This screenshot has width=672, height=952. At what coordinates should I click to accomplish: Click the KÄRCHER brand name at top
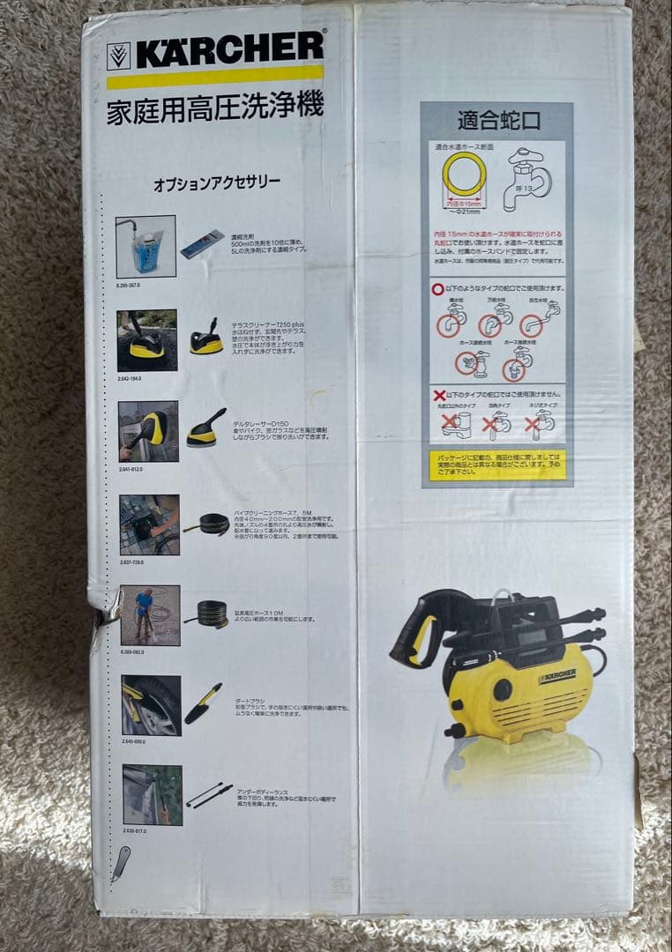point(229,50)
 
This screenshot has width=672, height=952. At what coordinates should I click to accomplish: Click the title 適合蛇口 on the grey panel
point(498,121)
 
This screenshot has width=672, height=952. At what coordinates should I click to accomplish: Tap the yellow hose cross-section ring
point(464,174)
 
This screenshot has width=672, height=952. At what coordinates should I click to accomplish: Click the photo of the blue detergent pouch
point(146,247)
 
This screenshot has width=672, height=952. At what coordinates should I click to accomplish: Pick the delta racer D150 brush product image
point(205,428)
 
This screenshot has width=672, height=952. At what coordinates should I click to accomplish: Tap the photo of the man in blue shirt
point(150,614)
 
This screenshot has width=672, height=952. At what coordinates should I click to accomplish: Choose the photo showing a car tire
point(151,705)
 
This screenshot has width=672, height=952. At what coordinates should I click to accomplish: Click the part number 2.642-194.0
point(129,377)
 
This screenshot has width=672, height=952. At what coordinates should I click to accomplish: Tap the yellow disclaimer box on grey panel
point(497,465)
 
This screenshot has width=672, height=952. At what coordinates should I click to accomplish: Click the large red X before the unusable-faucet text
point(439,394)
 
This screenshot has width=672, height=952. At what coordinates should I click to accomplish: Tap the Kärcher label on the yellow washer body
point(556,676)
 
